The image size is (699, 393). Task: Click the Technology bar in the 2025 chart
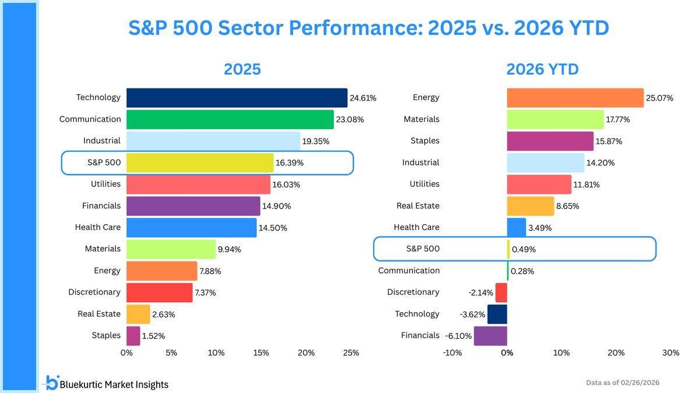pyautogui.click(x=236, y=98)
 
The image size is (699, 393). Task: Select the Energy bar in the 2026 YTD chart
pyautogui.click(x=575, y=98)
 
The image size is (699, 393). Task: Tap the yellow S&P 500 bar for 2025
pyautogui.click(x=200, y=163)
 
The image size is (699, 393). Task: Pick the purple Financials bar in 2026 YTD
pyautogui.click(x=490, y=336)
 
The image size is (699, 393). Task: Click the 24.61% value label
pyautogui.click(x=363, y=98)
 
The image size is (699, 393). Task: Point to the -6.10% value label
pyautogui.click(x=458, y=336)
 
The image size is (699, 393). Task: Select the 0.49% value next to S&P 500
pyautogui.click(x=524, y=249)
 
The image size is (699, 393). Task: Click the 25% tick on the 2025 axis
pyautogui.click(x=351, y=353)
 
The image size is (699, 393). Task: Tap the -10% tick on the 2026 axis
pyautogui.click(x=453, y=353)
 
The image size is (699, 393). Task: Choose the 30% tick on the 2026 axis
pyautogui.click(x=670, y=353)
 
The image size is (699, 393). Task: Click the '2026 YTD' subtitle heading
pyautogui.click(x=542, y=69)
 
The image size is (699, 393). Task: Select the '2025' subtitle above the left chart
pyautogui.click(x=242, y=69)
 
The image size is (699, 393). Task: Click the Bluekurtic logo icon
pyautogui.click(x=52, y=383)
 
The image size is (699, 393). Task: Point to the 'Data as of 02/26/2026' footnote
pyautogui.click(x=623, y=383)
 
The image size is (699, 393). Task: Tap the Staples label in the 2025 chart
pyautogui.click(x=106, y=335)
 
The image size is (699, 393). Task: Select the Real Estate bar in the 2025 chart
pyautogui.click(x=138, y=314)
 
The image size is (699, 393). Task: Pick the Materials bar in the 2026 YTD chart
pyautogui.click(x=555, y=119)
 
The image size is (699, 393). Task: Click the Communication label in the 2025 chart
pyautogui.click(x=90, y=119)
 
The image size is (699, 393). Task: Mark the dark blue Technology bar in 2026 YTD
pyautogui.click(x=497, y=314)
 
